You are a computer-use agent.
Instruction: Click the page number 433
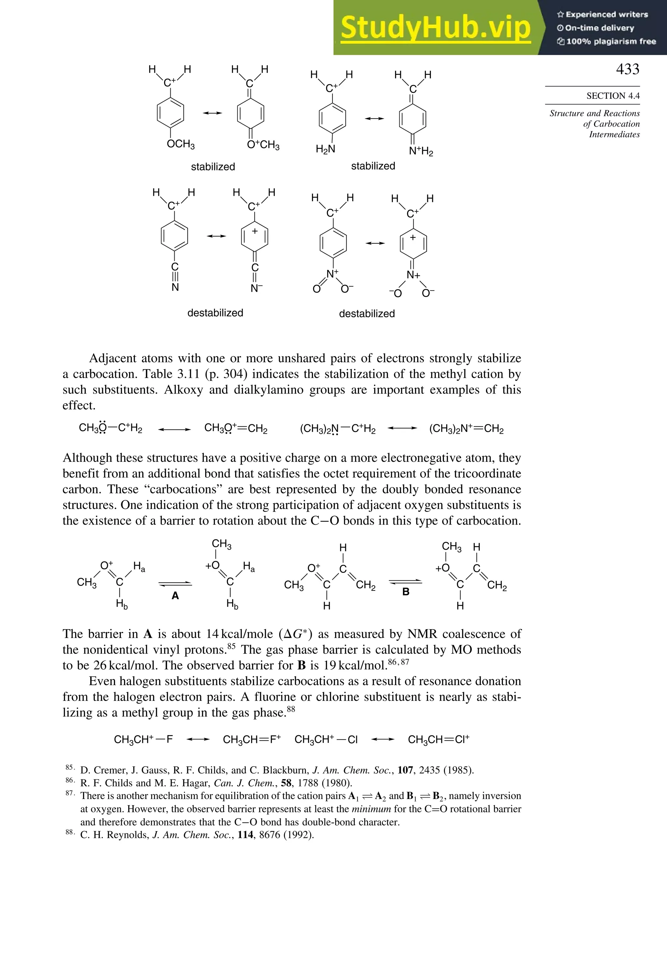pos(627,69)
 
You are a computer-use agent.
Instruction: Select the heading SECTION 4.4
pos(613,96)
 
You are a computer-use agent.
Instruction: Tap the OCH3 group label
pos(180,144)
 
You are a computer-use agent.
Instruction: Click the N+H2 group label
pos(420,151)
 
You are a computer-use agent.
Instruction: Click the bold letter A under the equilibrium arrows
pos(175,596)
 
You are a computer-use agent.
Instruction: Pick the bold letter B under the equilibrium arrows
pos(405,592)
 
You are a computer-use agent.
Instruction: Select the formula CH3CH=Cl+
pos(438,740)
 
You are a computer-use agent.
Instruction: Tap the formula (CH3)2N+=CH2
pos(466,429)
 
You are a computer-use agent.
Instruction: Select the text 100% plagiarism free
pos(611,41)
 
